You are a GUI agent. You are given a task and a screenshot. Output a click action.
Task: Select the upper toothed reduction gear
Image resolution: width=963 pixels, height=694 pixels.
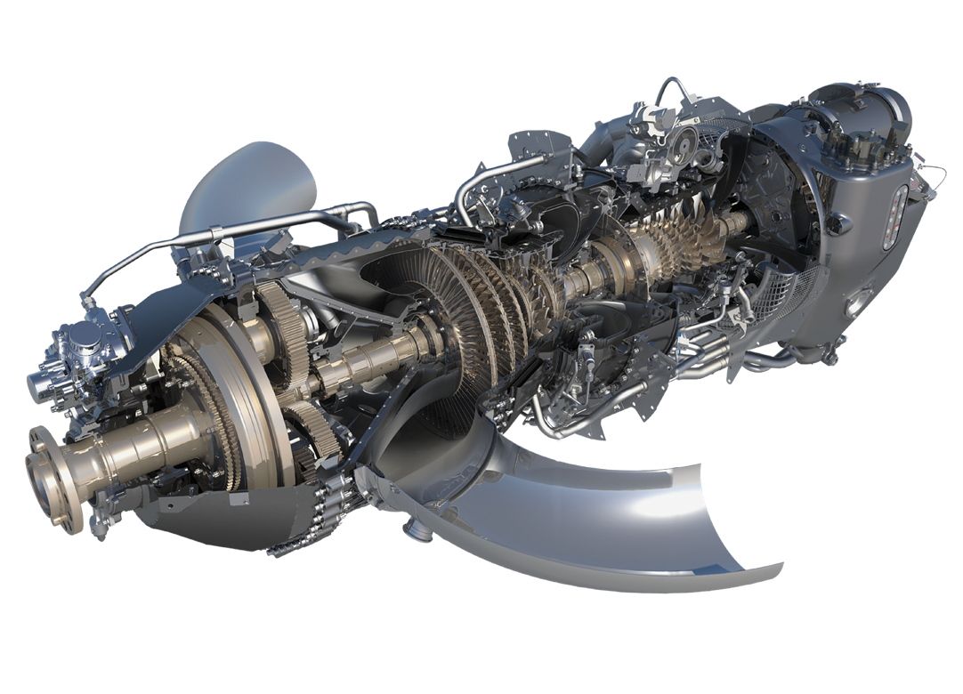click(285, 334)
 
